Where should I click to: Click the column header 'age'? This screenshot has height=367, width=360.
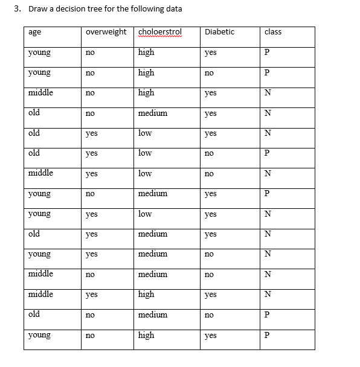click(34, 32)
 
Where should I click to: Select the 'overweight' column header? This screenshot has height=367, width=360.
click(106, 32)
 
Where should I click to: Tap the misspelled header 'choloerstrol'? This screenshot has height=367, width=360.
click(160, 32)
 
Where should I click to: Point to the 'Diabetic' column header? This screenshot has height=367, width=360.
click(219, 32)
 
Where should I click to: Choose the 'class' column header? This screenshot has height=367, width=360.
click(273, 32)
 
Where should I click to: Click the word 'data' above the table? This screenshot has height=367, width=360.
click(173, 8)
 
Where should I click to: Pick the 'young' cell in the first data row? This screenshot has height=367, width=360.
click(39, 53)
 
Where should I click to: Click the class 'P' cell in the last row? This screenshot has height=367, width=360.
click(267, 335)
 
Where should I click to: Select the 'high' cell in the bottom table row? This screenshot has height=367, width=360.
click(146, 335)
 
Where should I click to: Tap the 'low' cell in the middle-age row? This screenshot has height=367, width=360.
click(145, 173)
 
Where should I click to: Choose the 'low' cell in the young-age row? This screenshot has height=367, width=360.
click(145, 214)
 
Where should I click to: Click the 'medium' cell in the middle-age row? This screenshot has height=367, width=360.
click(153, 274)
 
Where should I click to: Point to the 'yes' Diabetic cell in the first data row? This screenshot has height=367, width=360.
click(210, 53)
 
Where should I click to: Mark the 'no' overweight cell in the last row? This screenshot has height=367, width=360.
click(90, 335)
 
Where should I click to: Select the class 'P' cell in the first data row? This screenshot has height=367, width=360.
click(267, 53)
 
